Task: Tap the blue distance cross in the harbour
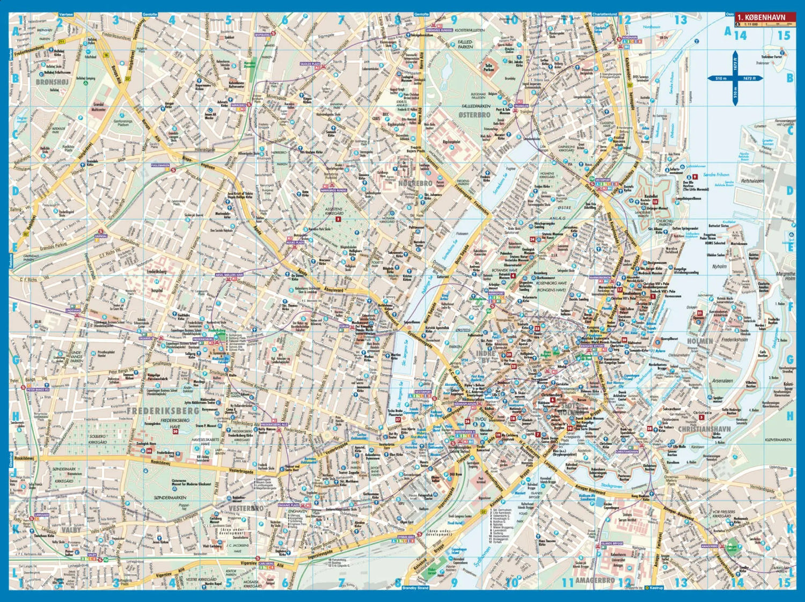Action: [735, 78]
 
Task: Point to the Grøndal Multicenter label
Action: [98, 106]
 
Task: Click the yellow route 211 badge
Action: [61, 41]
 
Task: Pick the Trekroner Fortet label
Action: [772, 56]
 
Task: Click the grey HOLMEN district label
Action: [699, 341]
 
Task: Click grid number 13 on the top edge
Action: [680, 20]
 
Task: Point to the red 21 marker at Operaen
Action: [699, 313]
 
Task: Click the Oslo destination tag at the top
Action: [729, 14]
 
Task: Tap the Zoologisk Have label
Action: [145, 444]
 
